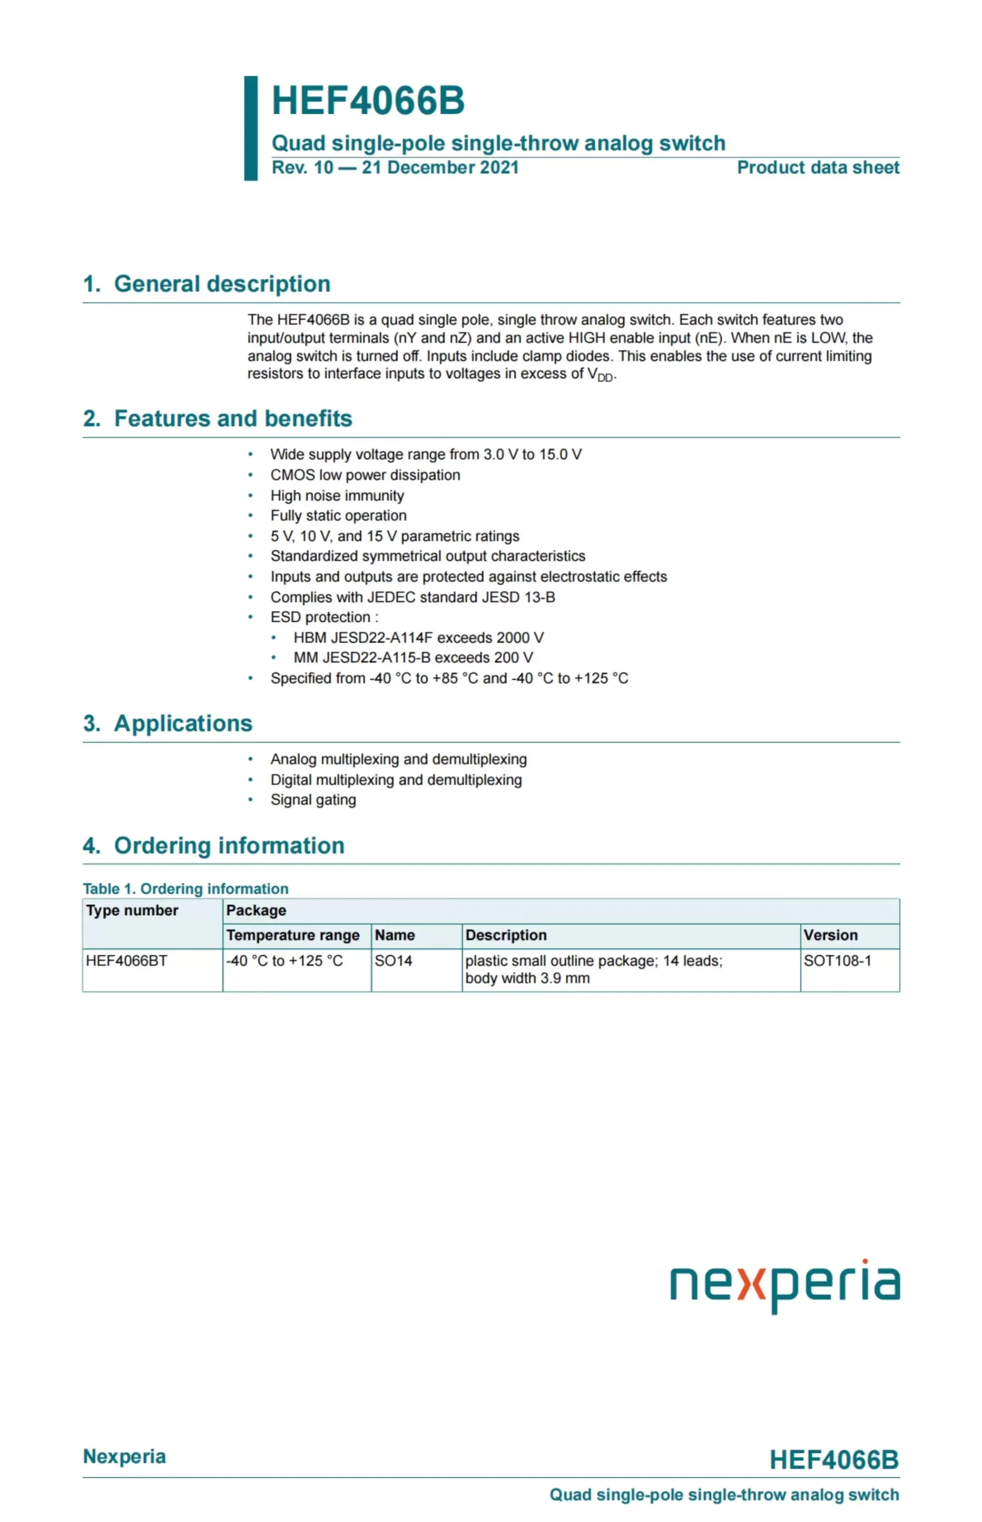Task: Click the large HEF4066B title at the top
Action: (x=368, y=101)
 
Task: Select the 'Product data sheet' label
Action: (x=817, y=168)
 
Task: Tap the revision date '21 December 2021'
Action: (x=440, y=168)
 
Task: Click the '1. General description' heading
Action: (x=207, y=284)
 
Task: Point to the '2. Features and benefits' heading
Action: (x=217, y=419)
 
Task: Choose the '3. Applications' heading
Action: (x=168, y=724)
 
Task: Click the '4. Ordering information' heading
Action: (x=214, y=845)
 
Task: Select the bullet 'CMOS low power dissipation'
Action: (x=365, y=475)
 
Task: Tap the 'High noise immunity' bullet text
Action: (x=337, y=496)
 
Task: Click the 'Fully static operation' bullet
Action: (x=338, y=515)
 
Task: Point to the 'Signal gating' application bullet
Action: (x=313, y=800)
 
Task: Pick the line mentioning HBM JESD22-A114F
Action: (x=418, y=637)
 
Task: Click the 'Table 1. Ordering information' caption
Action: (x=185, y=889)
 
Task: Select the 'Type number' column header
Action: (x=132, y=911)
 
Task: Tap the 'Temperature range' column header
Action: (x=293, y=936)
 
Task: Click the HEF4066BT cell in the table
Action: (x=127, y=961)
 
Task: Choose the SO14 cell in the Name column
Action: (x=393, y=961)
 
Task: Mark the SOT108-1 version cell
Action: (x=836, y=961)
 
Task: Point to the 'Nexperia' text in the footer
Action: (x=124, y=1457)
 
